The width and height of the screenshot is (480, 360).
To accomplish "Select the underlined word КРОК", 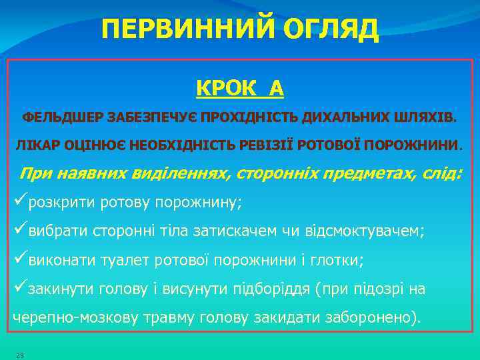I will pyautogui.click(x=222, y=87).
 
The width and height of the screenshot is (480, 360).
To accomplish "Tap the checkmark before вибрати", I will pyautogui.click(x=20, y=231).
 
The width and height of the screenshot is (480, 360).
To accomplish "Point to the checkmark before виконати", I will pyautogui.click(x=20, y=260).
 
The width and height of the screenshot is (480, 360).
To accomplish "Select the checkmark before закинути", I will pyautogui.click(x=20, y=289).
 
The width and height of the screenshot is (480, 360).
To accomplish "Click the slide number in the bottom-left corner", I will pyautogui.click(x=20, y=355).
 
